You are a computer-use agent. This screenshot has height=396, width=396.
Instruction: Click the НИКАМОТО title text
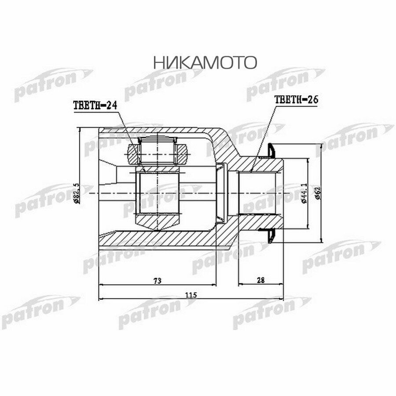tap(205, 63)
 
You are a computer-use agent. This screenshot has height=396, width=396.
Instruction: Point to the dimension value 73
tap(158, 280)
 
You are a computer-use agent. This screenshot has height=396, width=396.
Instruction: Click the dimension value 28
tap(260, 280)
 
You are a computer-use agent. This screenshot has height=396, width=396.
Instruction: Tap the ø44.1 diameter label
tap(304, 194)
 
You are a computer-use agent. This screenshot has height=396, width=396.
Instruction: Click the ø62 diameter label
tap(318, 194)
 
